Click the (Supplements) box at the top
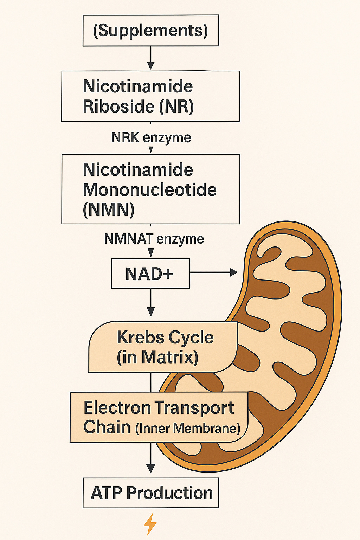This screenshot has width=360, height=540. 150,31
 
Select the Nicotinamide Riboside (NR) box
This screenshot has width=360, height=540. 150,96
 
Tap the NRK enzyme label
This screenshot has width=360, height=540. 151,137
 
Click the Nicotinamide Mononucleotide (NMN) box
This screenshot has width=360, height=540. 150,189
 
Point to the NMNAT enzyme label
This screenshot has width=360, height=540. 154,239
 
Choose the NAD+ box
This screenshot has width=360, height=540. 150,274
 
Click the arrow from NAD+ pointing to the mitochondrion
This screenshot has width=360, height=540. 213,272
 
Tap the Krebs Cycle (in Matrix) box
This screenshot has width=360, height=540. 162,347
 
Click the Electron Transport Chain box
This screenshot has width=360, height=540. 159,417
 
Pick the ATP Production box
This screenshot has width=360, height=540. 150,493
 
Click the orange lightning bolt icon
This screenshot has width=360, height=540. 150,524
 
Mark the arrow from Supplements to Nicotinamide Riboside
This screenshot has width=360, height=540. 151,58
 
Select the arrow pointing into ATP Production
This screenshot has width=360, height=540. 151,459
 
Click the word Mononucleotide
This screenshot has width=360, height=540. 150,190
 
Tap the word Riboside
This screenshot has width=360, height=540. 119,107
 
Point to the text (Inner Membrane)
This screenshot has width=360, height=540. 188,428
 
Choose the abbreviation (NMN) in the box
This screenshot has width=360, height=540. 109,210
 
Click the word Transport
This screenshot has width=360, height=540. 194,408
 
